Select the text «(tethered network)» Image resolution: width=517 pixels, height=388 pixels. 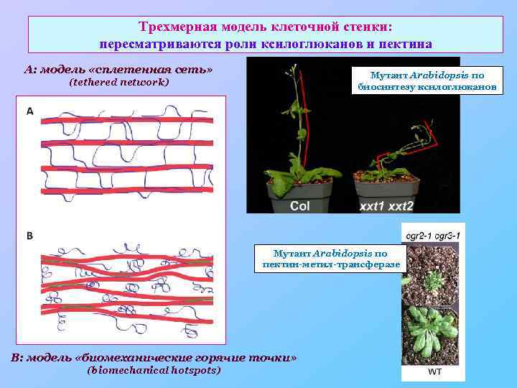[x=118, y=83]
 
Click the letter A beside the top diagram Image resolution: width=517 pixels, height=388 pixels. [x=30, y=111]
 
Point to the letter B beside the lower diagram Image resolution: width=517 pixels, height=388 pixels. [x=30, y=236]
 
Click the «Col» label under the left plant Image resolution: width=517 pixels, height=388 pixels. [x=300, y=206]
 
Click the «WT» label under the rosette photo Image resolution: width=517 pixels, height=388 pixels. [x=435, y=372]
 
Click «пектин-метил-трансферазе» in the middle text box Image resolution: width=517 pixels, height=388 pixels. [x=331, y=264]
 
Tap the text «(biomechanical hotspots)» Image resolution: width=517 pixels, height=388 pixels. [x=154, y=370]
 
